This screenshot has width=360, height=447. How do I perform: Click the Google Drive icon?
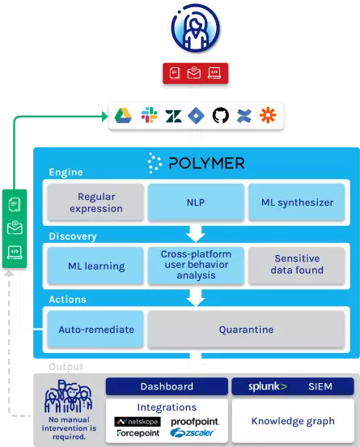(x=123, y=116)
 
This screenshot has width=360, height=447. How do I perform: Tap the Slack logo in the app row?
(x=149, y=115)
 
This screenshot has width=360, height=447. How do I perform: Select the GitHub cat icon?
(x=221, y=115)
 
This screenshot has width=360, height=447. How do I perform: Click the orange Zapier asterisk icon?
(x=268, y=115)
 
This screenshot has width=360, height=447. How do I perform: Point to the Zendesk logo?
(x=173, y=116)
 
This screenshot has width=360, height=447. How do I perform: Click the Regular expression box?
(x=96, y=202)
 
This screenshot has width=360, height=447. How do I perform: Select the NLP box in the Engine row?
(x=196, y=202)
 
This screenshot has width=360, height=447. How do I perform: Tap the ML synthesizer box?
(x=297, y=202)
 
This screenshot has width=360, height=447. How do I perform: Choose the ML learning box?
(x=96, y=266)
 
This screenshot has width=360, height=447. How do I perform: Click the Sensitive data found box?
(x=297, y=265)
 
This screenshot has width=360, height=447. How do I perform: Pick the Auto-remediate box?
(x=96, y=330)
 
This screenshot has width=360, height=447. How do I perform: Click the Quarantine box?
(x=247, y=330)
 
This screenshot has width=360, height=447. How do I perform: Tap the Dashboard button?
(x=167, y=386)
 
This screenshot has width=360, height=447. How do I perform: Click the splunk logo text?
(x=268, y=386)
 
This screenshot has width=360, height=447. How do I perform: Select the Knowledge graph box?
(x=293, y=421)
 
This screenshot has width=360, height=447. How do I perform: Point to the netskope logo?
(x=138, y=422)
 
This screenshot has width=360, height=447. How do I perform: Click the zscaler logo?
(x=192, y=432)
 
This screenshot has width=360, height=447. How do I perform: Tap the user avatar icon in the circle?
(x=196, y=28)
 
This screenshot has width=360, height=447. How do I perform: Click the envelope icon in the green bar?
(x=15, y=228)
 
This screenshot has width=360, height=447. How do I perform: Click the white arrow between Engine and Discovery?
(x=196, y=234)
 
